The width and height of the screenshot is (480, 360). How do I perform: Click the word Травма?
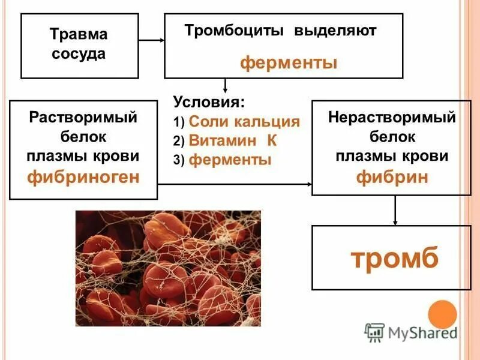tap(78, 34)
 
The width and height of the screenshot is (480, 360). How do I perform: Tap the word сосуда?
tap(78, 54)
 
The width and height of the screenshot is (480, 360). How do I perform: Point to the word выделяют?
tap(335, 31)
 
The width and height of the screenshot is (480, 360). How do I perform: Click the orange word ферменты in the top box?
tap(289, 62)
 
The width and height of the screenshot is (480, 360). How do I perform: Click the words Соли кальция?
tap(244, 122)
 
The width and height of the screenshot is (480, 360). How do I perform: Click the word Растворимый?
tap(83, 117)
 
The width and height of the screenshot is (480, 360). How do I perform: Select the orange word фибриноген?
tap(83, 176)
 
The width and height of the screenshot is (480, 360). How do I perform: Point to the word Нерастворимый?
tap(392, 117)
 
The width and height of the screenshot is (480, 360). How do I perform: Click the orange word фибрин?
tap(392, 178)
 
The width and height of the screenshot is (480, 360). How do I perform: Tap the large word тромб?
tap(395, 258)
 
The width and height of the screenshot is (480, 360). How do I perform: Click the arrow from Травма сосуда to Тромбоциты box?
tap(152, 40)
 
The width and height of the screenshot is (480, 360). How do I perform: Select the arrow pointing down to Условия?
tap(225, 85)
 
